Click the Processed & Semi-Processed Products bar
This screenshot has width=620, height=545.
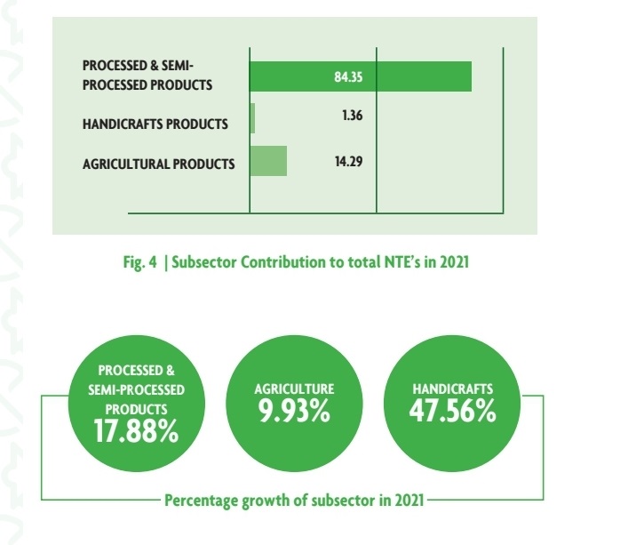360,76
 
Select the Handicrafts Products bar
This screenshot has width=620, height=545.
252,118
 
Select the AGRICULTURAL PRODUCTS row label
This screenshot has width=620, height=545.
158,164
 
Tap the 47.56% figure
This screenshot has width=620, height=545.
453,413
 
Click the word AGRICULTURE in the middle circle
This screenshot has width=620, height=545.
294,389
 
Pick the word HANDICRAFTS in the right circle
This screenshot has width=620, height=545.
453,389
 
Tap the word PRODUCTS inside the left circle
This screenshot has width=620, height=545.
135,409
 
